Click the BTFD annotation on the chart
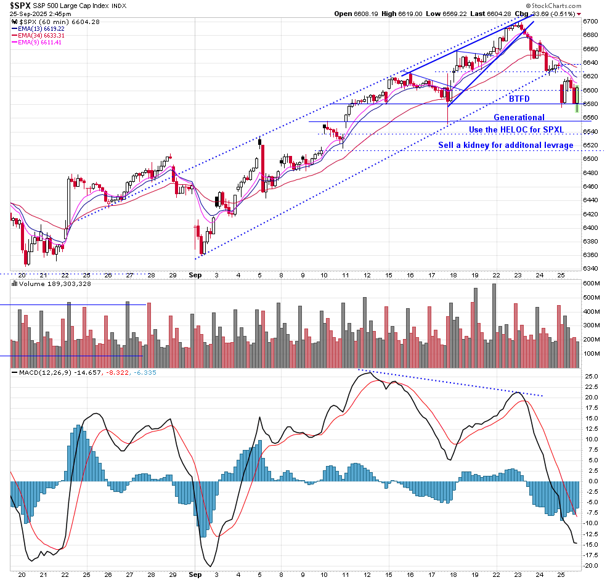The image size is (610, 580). click(x=519, y=99)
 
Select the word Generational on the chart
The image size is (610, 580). click(x=519, y=117)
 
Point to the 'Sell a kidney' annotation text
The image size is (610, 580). click(x=505, y=145)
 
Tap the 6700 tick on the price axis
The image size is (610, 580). click(x=590, y=21)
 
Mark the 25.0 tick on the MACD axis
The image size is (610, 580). click(x=590, y=376)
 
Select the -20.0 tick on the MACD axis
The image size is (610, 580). click(x=590, y=565)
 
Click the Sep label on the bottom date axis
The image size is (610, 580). click(x=195, y=574)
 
